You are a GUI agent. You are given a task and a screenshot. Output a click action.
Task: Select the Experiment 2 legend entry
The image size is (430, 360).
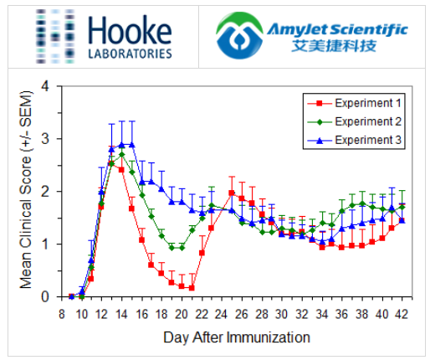pyautogui.click(x=367, y=121)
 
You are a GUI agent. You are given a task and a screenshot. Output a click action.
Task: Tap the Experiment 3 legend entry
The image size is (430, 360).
pyautogui.click(x=367, y=140)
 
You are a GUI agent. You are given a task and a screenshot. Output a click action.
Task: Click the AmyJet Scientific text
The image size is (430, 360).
pyautogui.click(x=337, y=29)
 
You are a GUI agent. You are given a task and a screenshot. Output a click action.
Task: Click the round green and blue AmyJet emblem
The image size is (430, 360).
pyautogui.click(x=238, y=37)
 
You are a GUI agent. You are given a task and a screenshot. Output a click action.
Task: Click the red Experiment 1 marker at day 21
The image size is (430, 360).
pyautogui.click(x=192, y=287)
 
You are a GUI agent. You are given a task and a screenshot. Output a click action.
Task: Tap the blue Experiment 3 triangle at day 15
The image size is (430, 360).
pyautogui.click(x=131, y=144)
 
